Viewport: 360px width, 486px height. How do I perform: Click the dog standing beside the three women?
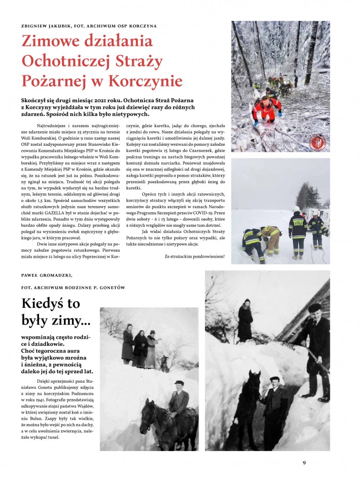[163, 361]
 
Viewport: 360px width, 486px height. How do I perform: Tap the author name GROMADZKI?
[55, 275]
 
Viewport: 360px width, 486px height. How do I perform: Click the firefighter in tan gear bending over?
[271, 238]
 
